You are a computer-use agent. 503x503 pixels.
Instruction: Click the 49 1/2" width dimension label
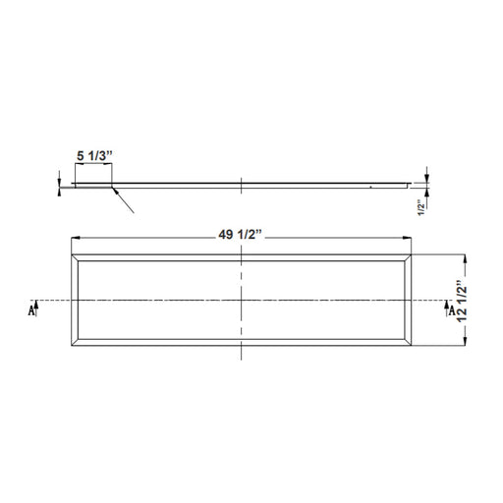[241, 235]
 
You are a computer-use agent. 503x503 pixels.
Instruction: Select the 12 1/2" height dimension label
[462, 302]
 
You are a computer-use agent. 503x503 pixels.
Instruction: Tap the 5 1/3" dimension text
[94, 156]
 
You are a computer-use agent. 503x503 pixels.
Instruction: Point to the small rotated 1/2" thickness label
[421, 209]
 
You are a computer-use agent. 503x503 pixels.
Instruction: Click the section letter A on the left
[30, 310]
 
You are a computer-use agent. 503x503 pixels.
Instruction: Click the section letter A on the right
[452, 310]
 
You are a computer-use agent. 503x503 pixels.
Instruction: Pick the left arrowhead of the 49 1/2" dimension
[76, 238]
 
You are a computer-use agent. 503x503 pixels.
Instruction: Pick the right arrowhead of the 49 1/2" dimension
[407, 238]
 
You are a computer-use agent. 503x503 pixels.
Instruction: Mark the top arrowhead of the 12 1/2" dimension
[466, 259]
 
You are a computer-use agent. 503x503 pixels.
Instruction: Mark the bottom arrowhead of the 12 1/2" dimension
[466, 341]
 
